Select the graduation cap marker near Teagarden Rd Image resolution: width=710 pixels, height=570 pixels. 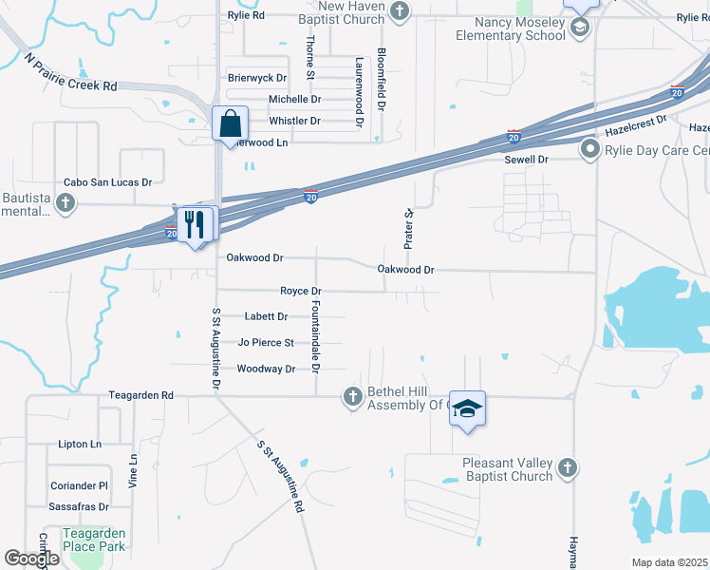pos(467,408)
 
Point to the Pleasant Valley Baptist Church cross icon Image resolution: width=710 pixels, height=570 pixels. pos(567,467)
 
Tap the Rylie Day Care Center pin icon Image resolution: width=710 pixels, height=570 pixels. pos(589,150)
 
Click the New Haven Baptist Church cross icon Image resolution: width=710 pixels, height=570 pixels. pos(401,10)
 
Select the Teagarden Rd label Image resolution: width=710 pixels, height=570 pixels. pos(140,394)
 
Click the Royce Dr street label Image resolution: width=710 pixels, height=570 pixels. pos(301,291)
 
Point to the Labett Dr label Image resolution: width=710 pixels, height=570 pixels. pos(266,316)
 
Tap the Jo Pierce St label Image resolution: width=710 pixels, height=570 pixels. pos(266,342)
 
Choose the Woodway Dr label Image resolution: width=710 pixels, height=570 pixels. pos(266,369)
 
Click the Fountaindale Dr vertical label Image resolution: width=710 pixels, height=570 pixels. pos(316,335)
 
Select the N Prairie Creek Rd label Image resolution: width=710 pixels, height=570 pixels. pos(70,72)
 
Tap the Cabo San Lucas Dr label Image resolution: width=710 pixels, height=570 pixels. pos(107,181)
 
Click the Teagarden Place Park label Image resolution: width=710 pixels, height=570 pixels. pos(94,540)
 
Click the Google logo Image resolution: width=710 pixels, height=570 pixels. pos(31,559)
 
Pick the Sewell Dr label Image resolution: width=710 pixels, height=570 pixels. pos(527,161)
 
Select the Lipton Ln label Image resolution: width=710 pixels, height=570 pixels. pos(80,444)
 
